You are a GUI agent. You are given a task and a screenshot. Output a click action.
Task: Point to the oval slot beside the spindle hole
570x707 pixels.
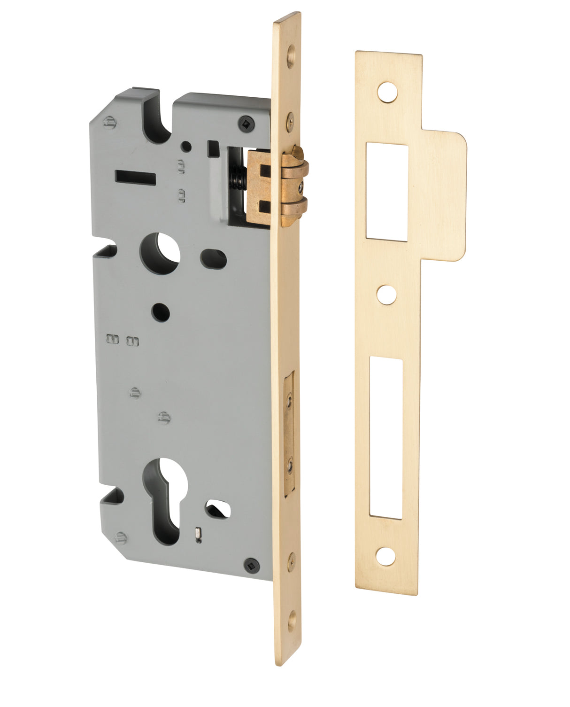point(214,258)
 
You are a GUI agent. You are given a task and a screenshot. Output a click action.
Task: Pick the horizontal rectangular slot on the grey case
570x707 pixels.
point(135,177)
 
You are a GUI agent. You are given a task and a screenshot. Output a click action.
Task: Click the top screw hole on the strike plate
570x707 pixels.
point(387,92)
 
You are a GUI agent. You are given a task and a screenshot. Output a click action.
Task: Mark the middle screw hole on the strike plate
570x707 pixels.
point(386,295)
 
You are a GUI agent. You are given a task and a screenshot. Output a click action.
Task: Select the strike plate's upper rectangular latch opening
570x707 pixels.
point(387,192)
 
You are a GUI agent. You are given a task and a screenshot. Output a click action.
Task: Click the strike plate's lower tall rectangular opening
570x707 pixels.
point(386,437)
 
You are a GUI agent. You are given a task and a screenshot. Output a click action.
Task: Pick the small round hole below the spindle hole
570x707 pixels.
point(161,312)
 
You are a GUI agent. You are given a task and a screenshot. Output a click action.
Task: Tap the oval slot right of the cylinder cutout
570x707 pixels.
point(217,509)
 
